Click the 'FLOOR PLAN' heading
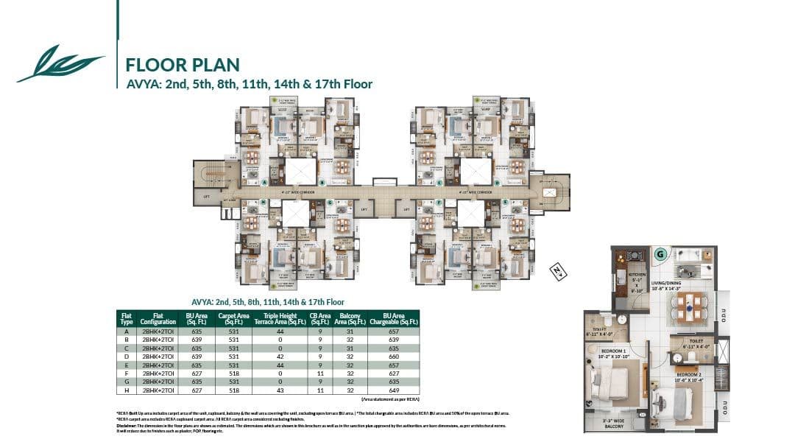(183, 65)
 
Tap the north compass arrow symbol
(557, 271)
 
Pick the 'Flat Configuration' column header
(158, 318)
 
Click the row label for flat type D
(126, 357)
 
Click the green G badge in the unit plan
(660, 254)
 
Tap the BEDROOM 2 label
(691, 375)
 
